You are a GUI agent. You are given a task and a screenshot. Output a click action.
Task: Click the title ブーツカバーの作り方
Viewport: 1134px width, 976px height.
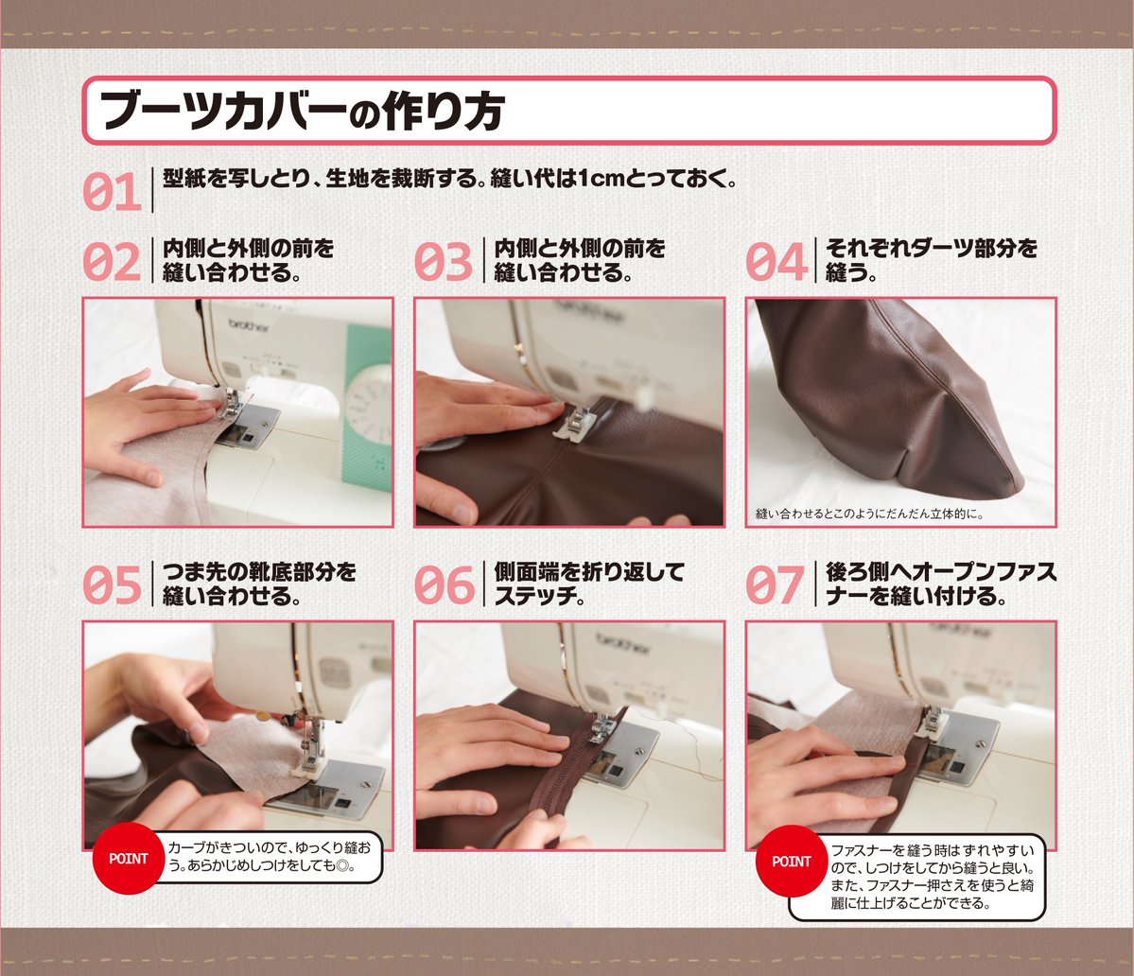302,111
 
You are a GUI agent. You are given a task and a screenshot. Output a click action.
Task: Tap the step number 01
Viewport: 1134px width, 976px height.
112,192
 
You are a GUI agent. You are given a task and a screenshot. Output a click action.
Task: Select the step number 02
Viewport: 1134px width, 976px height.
112,262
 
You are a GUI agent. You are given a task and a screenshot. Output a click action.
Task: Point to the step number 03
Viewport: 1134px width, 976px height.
443,262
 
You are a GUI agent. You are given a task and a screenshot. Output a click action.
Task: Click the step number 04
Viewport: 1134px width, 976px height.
776,262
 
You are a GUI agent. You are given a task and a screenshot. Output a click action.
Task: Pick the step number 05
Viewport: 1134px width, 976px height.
112,584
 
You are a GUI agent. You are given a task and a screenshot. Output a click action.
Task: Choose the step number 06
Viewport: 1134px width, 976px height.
443,584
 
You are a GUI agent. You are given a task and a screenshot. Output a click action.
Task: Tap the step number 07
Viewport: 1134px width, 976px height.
775,584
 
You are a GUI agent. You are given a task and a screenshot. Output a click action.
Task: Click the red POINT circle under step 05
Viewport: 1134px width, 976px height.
128,858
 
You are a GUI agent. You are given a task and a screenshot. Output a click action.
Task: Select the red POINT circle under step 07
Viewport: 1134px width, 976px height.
792,861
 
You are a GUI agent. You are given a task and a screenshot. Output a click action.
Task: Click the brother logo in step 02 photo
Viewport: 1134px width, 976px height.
249,327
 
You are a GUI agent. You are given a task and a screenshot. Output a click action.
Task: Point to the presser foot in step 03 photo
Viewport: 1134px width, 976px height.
573,422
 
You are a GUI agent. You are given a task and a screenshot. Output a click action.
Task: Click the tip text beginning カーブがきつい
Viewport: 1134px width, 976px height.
269,856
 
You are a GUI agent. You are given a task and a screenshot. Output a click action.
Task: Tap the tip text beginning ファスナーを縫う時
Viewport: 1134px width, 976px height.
933,877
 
